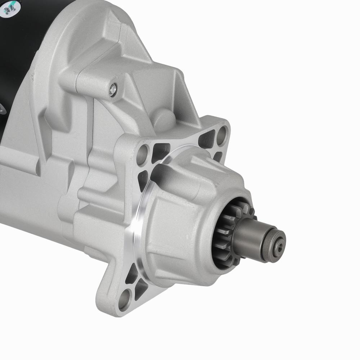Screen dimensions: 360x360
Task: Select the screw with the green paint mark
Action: coord(8,10)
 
